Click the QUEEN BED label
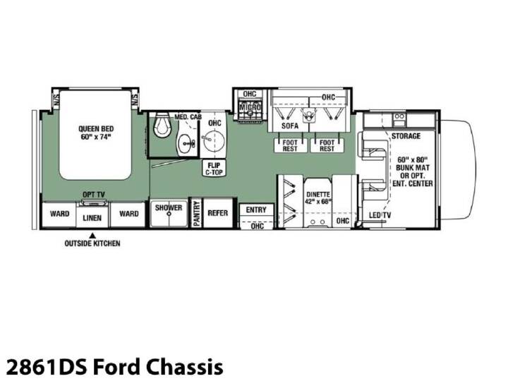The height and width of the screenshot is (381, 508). click(x=96, y=128)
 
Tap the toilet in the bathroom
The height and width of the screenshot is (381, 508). click(x=162, y=126)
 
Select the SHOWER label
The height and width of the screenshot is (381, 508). click(x=169, y=207)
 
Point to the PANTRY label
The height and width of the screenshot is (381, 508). click(x=196, y=213)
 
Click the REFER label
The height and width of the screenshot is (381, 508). click(x=218, y=213)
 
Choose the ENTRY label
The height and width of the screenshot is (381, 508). click(x=256, y=210)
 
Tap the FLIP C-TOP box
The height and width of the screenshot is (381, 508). click(x=214, y=169)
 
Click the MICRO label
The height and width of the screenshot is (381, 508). click(x=250, y=107)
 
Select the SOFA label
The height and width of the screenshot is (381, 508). click(x=290, y=126)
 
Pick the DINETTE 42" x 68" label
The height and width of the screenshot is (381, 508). click(x=318, y=198)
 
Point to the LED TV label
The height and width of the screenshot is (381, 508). click(x=380, y=215)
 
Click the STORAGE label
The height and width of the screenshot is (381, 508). click(x=406, y=136)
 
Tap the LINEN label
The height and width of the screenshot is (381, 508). click(x=92, y=218)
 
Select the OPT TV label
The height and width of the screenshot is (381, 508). click(x=94, y=195)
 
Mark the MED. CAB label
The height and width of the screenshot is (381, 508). click(x=188, y=116)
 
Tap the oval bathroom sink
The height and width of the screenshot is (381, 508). click(x=186, y=144)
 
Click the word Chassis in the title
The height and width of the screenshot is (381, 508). click(x=184, y=367)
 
